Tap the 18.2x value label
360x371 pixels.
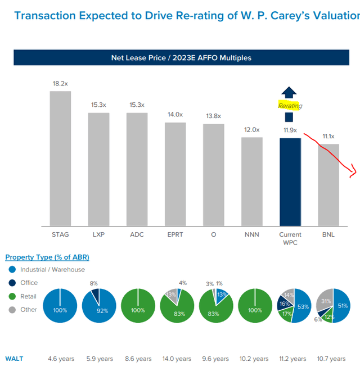60,83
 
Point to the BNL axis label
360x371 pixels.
328,234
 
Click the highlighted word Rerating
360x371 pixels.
290,105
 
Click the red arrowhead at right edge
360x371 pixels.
353,173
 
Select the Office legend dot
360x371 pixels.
12,283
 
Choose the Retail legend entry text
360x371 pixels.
28,296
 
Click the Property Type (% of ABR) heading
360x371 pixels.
47,257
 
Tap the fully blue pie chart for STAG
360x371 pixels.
60,306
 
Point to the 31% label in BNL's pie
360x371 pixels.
325,302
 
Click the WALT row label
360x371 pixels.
14,359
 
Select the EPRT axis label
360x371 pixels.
175,234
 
